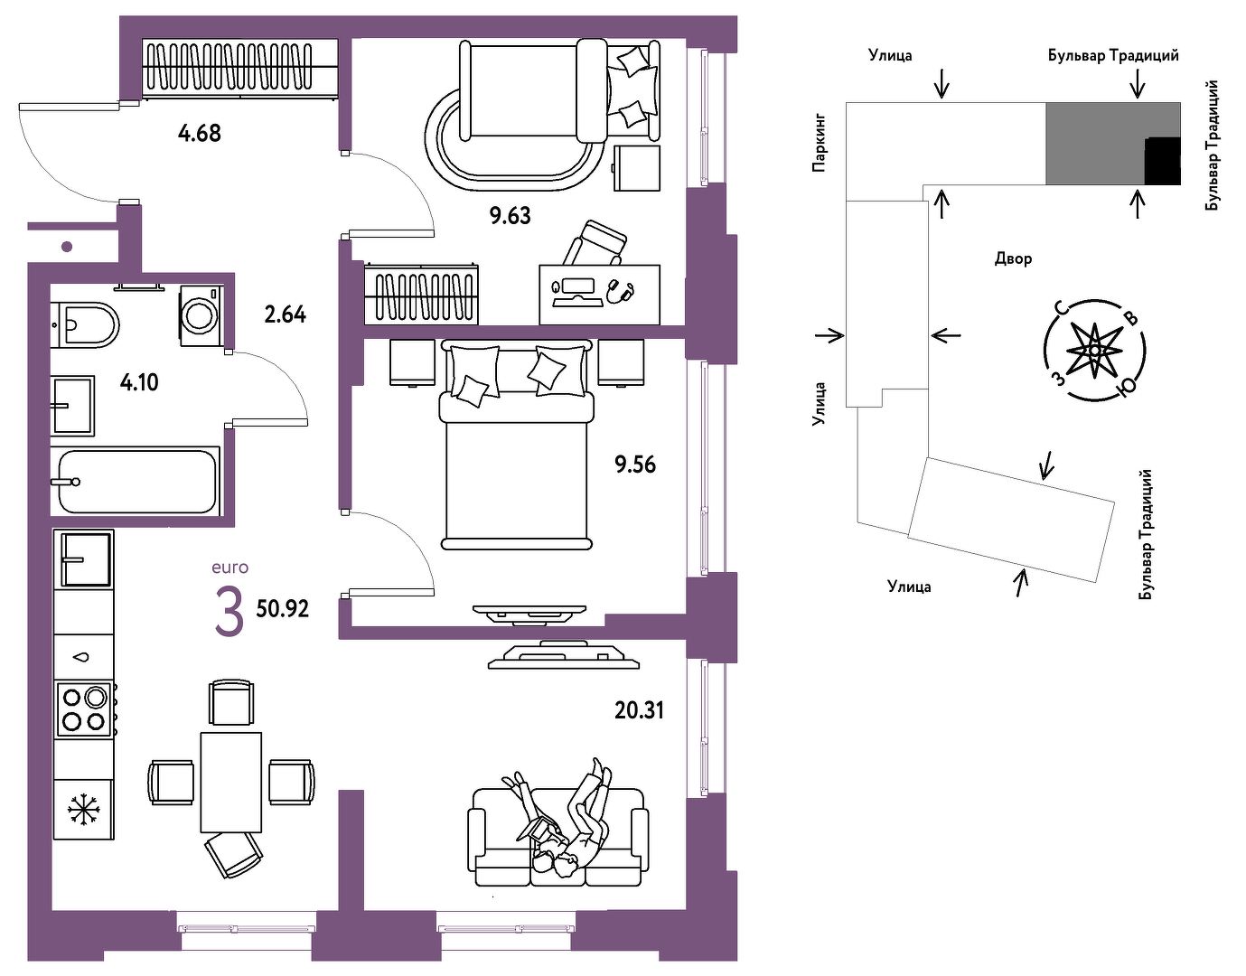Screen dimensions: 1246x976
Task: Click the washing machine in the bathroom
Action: [201, 316]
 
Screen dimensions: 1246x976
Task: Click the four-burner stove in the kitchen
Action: [85, 709]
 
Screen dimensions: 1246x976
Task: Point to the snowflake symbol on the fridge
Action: [84, 810]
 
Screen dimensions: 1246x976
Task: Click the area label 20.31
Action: [639, 711]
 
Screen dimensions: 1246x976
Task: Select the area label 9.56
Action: [635, 465]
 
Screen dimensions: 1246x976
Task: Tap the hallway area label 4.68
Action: [199, 134]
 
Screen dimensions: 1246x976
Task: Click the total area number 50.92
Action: [282, 609]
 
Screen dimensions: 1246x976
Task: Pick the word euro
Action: [230, 568]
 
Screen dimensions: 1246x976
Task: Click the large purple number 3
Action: [230, 613]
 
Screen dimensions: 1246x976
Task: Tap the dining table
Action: [231, 783]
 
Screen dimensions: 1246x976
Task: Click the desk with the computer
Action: [599, 295]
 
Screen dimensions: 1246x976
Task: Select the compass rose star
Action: [1094, 350]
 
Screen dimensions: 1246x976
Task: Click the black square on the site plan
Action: [1162, 161]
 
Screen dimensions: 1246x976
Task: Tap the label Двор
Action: [1013, 259]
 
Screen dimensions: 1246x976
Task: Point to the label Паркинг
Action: [819, 144]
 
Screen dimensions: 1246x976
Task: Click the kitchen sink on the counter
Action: [86, 559]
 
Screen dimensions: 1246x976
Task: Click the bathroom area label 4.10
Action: [139, 382]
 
